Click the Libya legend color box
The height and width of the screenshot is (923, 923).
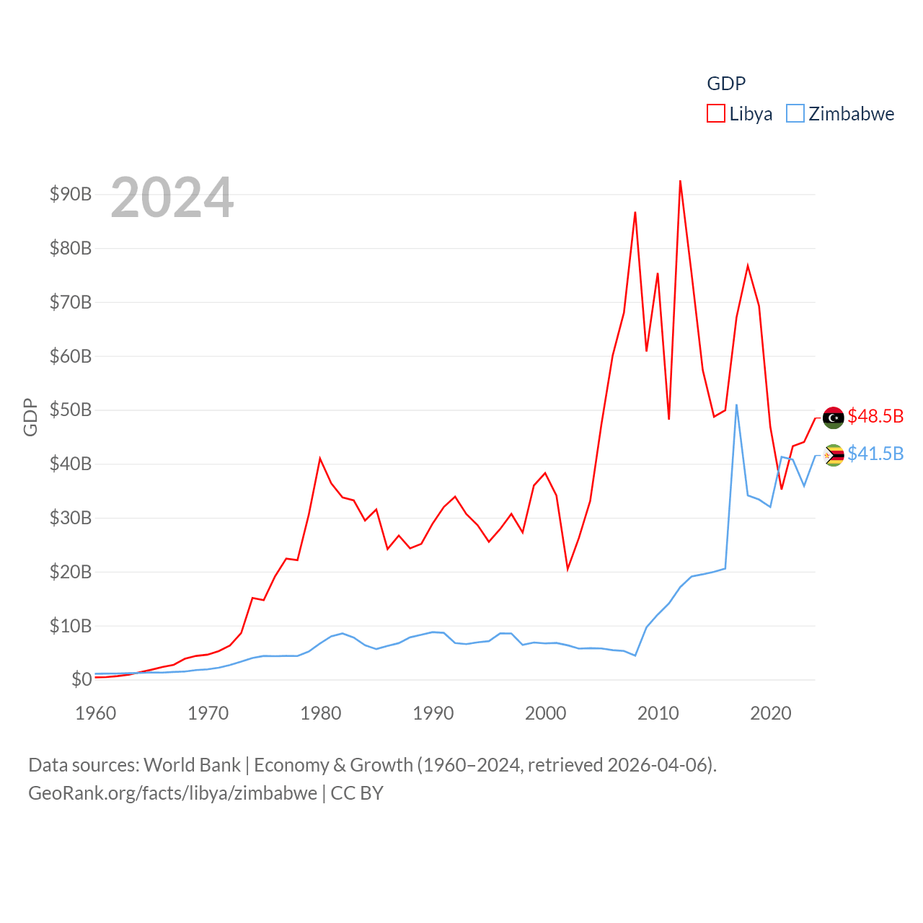click(x=715, y=114)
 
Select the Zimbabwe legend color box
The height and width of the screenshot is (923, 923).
click(x=795, y=114)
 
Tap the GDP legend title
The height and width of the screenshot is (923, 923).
click(x=726, y=84)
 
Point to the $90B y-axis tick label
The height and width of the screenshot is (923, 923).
click(x=71, y=194)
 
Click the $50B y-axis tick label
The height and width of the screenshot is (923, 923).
click(x=71, y=410)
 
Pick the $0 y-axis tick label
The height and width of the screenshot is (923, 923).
click(x=81, y=679)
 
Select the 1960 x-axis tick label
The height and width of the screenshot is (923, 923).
click(x=96, y=713)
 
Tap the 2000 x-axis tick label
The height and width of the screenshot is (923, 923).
click(x=545, y=713)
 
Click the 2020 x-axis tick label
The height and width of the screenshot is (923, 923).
click(x=770, y=713)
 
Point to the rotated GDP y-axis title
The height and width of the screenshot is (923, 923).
click(x=30, y=418)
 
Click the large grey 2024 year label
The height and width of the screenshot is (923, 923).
click(x=172, y=198)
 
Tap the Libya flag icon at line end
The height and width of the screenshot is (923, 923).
click(x=834, y=418)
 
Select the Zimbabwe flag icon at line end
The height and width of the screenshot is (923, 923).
click(x=834, y=455)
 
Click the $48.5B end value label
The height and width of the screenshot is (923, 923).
click(x=875, y=416)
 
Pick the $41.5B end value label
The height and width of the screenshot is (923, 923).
click(x=875, y=454)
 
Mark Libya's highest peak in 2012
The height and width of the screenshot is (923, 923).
click(x=680, y=182)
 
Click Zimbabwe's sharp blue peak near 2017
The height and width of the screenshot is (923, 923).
click(x=736, y=405)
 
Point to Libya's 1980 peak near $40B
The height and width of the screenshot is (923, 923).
click(x=320, y=459)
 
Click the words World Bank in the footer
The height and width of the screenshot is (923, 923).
click(x=192, y=764)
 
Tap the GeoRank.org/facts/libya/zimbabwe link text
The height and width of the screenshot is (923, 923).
click(x=172, y=793)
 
